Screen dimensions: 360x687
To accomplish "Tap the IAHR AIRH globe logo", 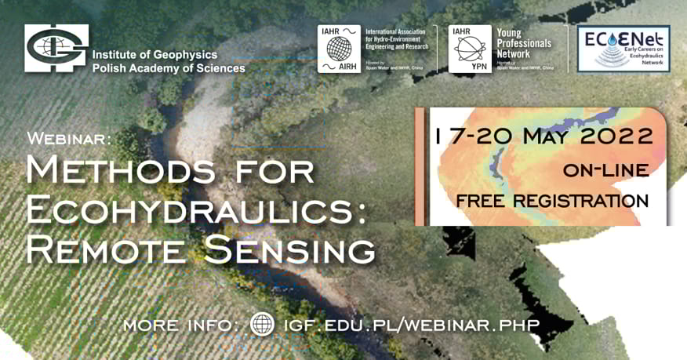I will [x=339, y=49].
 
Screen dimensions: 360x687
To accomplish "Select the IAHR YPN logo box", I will [x=470, y=49].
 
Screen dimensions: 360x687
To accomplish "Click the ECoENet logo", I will [x=623, y=49].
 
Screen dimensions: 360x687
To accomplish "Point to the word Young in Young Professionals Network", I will [x=513, y=33].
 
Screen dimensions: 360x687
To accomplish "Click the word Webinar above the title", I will [x=69, y=138].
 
